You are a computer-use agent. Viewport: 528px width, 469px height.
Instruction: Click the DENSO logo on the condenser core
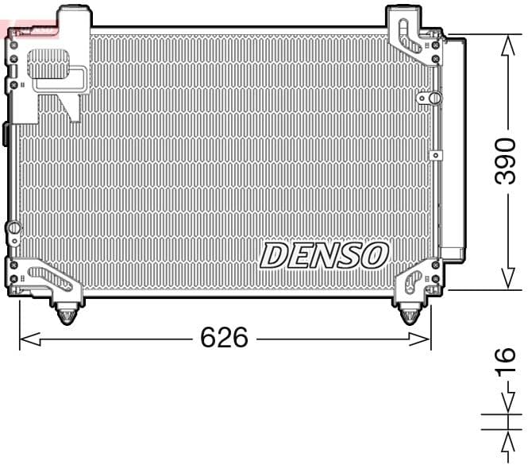(x=324, y=256)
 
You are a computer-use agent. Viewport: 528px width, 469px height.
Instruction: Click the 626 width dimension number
(x=224, y=338)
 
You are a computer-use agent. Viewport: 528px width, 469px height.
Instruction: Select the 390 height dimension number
(x=506, y=160)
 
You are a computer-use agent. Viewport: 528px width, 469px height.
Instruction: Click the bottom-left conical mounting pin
(x=67, y=315)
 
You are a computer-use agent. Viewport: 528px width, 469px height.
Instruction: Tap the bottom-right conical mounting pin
(x=409, y=315)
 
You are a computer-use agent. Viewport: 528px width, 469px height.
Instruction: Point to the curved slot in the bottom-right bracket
(x=412, y=280)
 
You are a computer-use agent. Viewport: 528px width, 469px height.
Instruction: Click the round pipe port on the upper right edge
(x=433, y=97)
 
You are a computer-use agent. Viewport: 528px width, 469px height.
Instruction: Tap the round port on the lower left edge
(x=13, y=229)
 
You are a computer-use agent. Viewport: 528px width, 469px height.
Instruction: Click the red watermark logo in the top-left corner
(x=30, y=29)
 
